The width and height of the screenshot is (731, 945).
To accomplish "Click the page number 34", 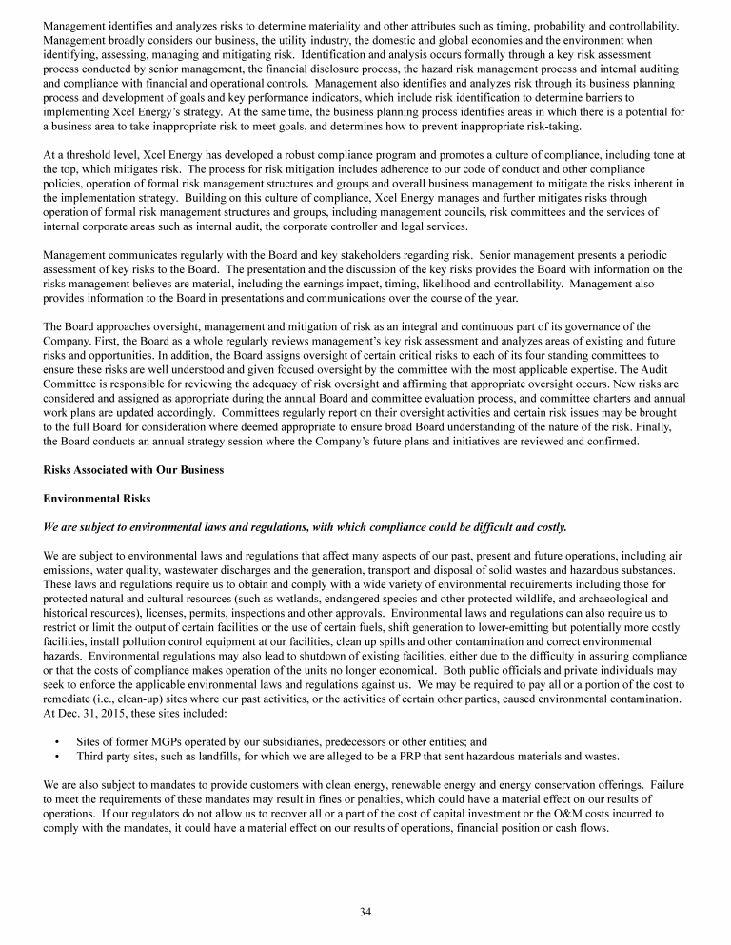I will click(365, 912).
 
